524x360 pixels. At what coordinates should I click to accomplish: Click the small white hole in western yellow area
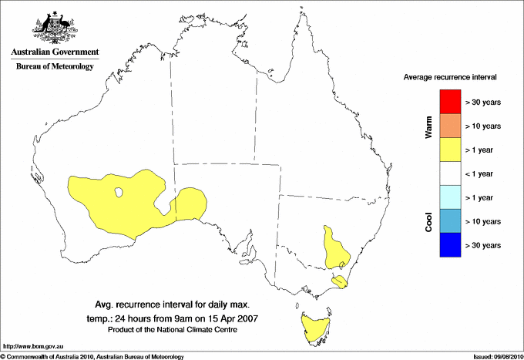tap(119, 193)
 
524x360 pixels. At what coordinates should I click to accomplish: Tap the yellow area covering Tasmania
tap(314, 328)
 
